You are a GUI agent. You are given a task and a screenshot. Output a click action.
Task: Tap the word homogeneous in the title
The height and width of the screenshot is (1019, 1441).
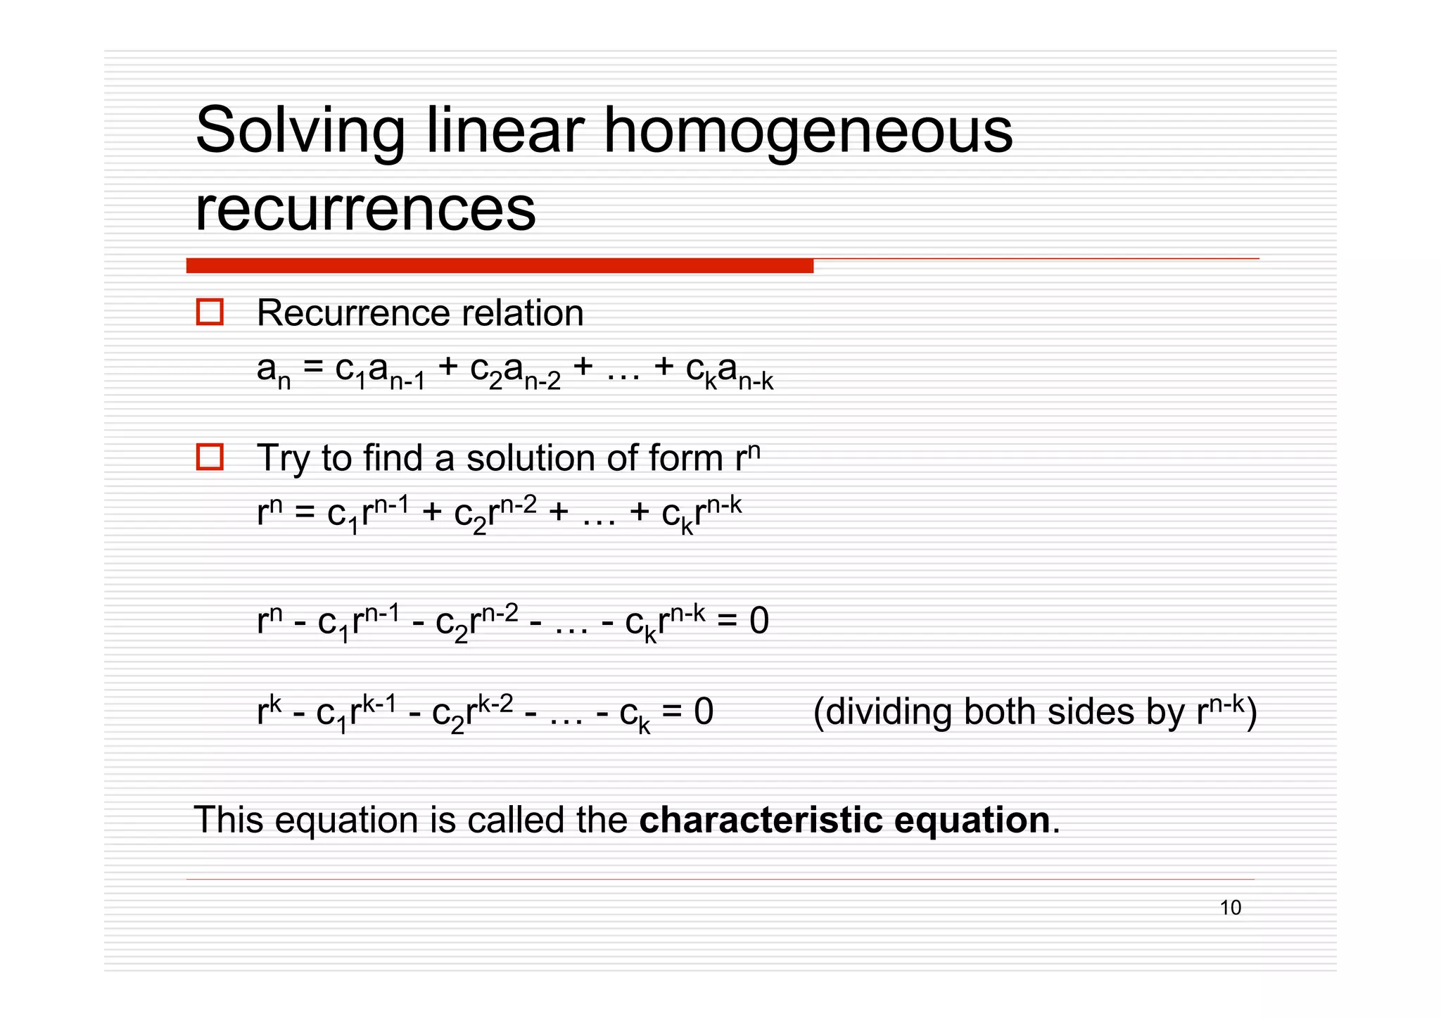tap(808, 132)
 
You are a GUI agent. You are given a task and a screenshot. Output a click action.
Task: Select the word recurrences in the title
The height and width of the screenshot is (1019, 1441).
tap(365, 209)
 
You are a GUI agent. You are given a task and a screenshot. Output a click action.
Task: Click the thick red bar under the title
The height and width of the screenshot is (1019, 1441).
tap(500, 266)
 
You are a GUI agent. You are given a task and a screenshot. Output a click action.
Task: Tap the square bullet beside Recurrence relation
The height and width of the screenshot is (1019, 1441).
tap(210, 312)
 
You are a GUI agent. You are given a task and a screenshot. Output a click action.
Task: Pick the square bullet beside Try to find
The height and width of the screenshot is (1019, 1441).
tap(210, 457)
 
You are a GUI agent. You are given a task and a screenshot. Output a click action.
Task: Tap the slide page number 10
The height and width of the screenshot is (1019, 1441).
tap(1231, 908)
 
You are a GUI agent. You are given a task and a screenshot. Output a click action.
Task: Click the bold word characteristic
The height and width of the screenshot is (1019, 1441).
tap(761, 821)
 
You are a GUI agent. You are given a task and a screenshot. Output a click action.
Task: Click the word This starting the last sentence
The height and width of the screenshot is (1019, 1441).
tap(228, 821)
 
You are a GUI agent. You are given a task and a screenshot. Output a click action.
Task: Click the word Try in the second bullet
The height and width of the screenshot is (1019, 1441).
tap(283, 460)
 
